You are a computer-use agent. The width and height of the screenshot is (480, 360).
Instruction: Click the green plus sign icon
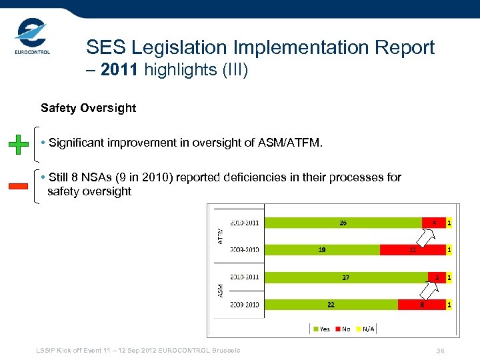point(18,144)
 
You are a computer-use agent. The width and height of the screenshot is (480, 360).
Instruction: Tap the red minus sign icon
point(18,186)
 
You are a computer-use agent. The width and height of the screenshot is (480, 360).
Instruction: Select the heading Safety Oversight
point(88,108)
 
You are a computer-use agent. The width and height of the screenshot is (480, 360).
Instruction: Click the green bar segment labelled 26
point(343,223)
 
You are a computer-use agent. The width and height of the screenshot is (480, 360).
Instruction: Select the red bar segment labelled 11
point(413,249)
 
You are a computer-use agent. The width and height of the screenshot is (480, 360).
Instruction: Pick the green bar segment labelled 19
point(322,249)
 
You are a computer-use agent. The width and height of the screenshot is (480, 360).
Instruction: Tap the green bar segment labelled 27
point(346,277)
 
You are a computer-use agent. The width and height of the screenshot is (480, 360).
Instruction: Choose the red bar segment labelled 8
point(421,304)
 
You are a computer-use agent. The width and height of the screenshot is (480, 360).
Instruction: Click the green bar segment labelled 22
point(331,304)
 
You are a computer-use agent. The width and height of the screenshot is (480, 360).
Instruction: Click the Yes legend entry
point(321,329)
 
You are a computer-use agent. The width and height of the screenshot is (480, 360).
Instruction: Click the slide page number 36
point(440,351)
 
